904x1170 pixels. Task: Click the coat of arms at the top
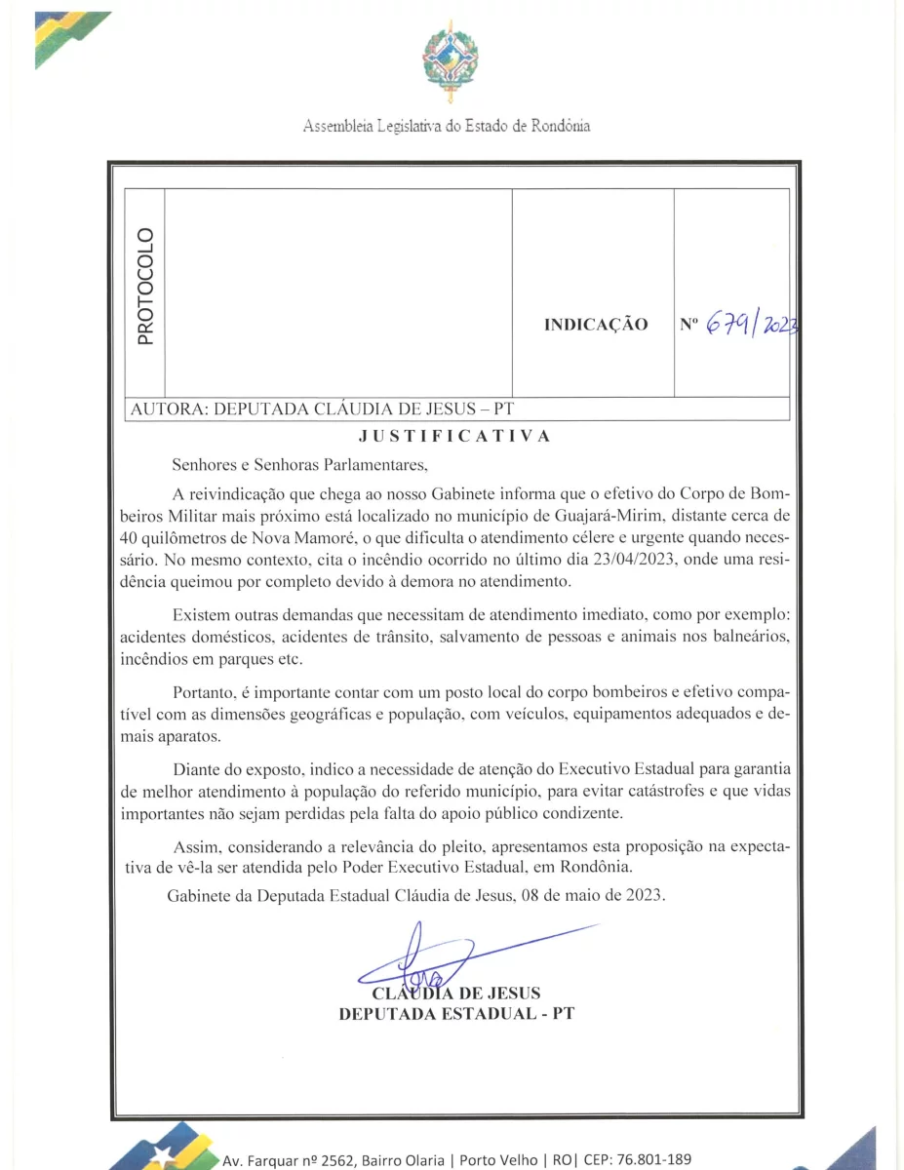[450, 61]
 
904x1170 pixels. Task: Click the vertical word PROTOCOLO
[145, 286]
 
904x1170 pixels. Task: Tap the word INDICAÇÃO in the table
[595, 325]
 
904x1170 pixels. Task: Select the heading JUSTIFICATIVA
[454, 436]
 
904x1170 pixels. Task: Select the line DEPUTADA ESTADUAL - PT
[455, 1014]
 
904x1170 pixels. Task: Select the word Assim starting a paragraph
[193, 843]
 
